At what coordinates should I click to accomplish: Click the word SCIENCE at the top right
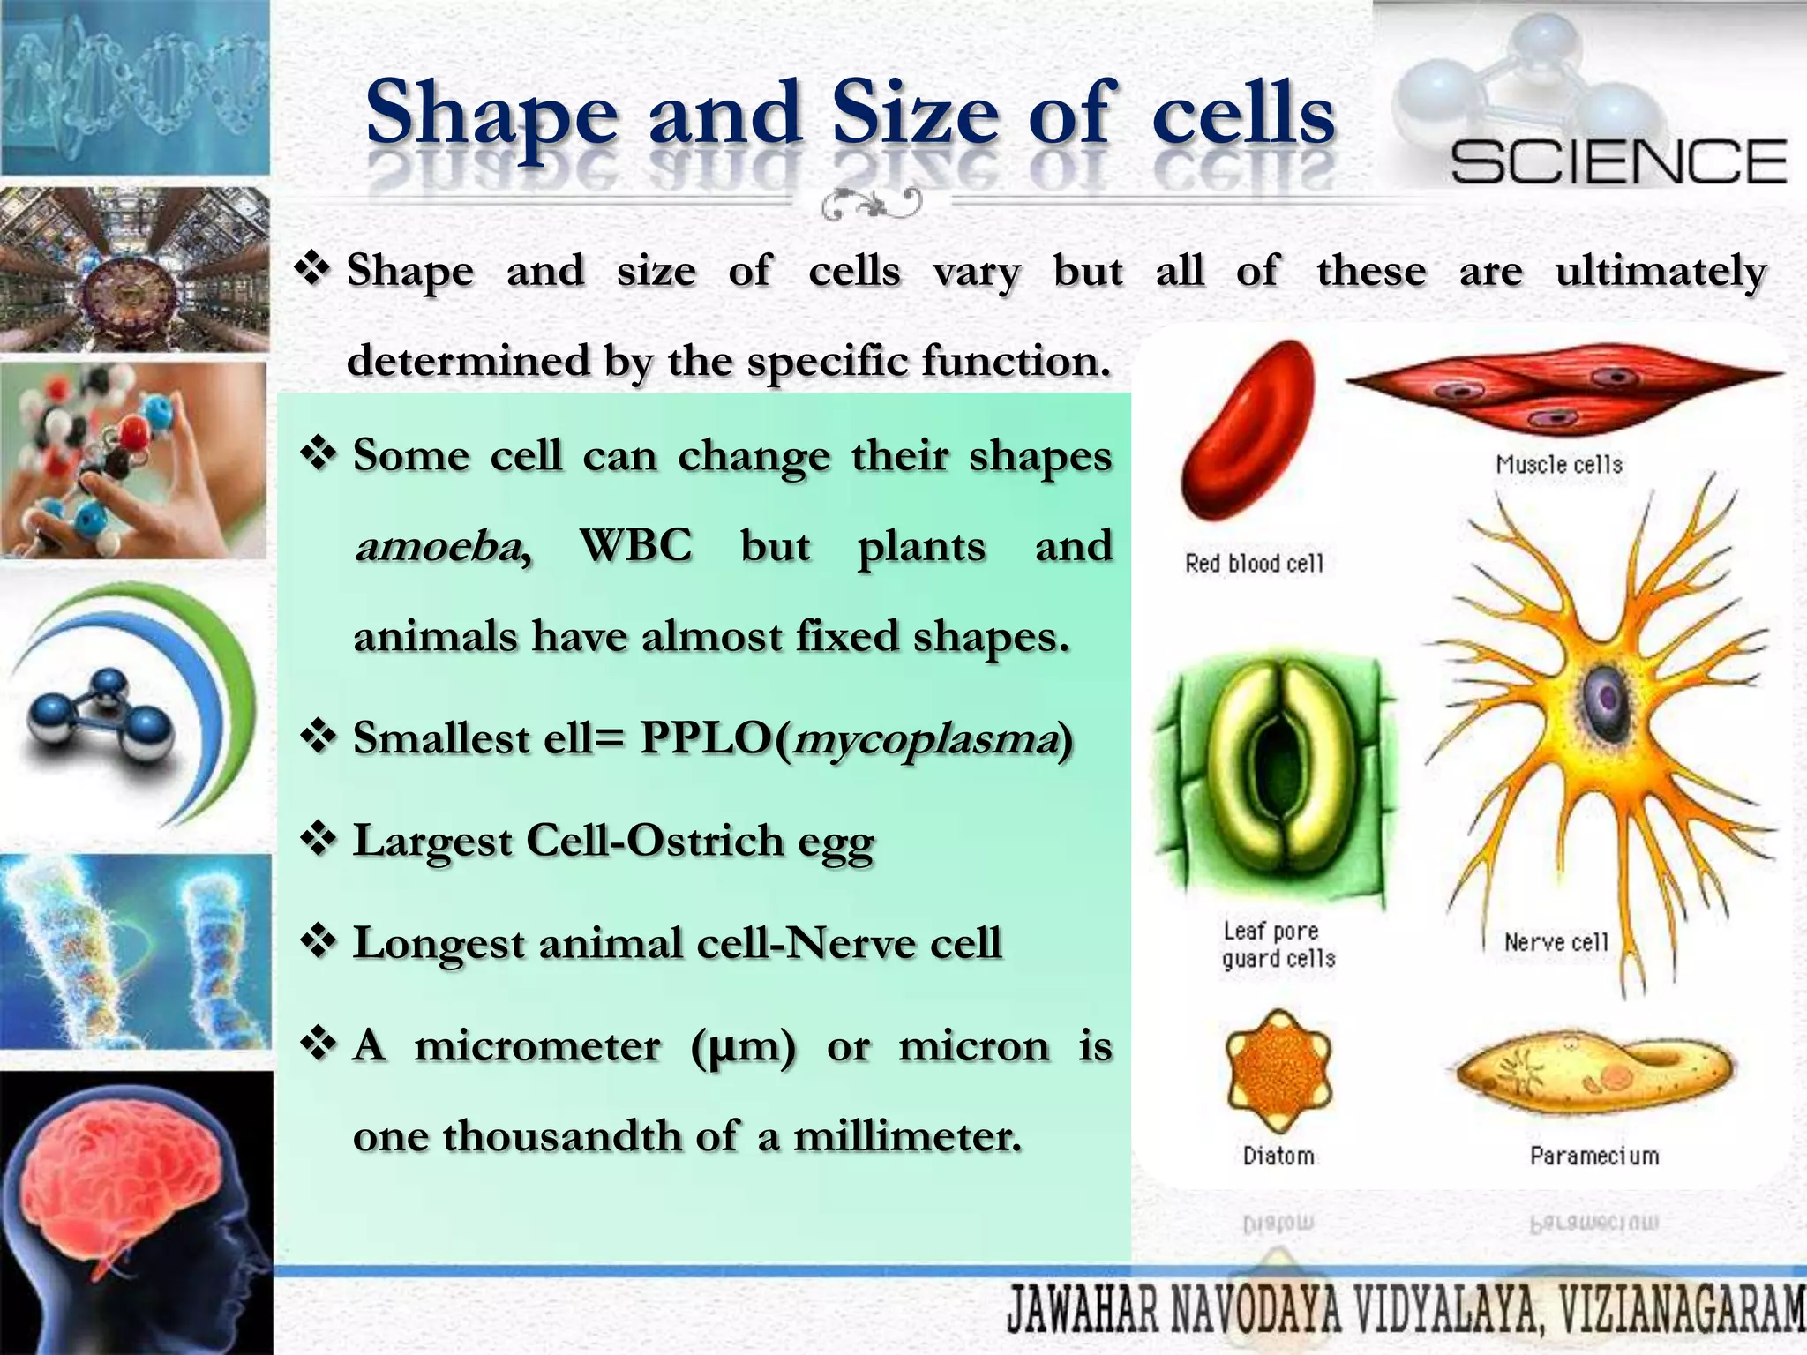click(1619, 162)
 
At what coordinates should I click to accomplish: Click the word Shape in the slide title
click(491, 115)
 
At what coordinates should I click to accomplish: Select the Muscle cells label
click(1559, 465)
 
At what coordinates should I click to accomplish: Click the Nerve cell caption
click(1556, 942)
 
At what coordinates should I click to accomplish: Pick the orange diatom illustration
click(1278, 1071)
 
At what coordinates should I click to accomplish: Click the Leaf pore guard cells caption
click(1278, 945)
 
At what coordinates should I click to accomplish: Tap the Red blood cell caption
click(1254, 563)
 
